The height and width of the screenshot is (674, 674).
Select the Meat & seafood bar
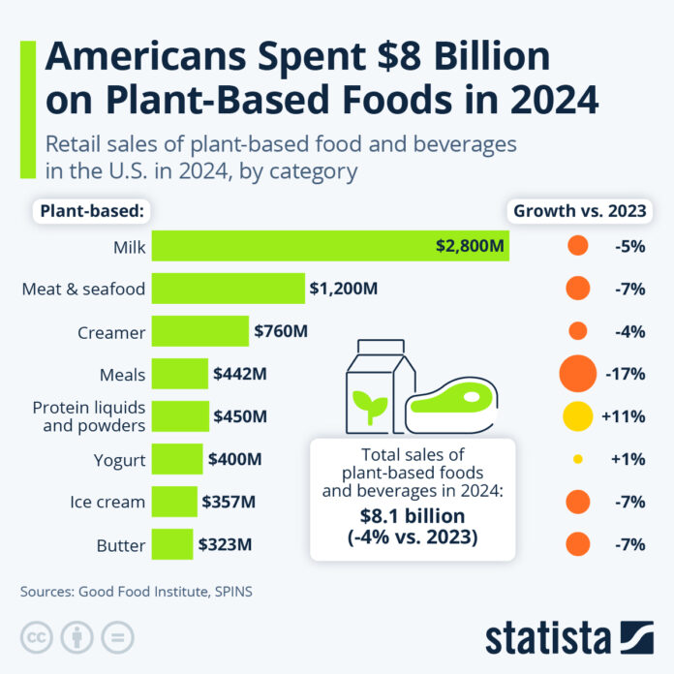click(x=229, y=289)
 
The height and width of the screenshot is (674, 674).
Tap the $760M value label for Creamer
click(x=280, y=331)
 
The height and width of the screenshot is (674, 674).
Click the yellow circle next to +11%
click(x=578, y=415)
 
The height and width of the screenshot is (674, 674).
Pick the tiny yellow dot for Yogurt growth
click(x=578, y=459)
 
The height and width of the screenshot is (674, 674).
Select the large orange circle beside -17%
click(x=577, y=374)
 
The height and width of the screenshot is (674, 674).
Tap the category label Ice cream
click(x=107, y=502)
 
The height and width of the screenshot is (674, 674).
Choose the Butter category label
click(x=121, y=544)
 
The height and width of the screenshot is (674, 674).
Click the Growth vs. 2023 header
click(x=578, y=211)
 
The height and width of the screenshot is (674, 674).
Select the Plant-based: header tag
click(x=92, y=211)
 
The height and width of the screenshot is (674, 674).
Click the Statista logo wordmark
click(x=547, y=638)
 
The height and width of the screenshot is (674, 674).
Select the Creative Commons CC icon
click(x=37, y=636)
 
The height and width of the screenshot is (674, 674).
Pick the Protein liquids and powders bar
click(x=181, y=415)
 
